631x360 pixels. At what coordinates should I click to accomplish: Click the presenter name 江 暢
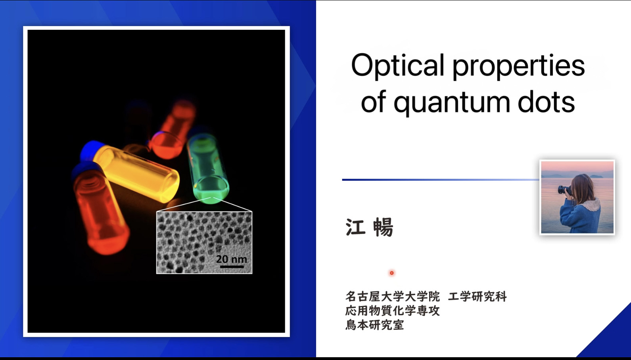[369, 227]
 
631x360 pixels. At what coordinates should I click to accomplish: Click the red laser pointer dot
[391, 273]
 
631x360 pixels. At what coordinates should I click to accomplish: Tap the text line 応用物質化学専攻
[392, 311]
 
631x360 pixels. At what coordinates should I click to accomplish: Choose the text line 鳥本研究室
[375, 325]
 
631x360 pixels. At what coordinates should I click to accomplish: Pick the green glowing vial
[208, 168]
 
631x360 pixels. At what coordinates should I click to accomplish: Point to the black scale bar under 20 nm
[232, 266]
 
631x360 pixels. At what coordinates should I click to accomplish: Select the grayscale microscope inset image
[204, 243]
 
